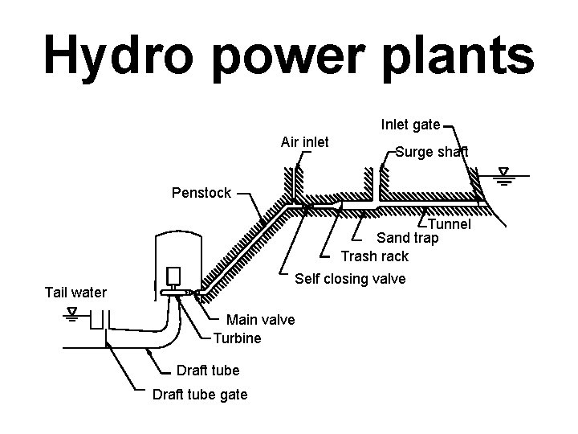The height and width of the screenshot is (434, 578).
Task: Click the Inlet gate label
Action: coord(410,125)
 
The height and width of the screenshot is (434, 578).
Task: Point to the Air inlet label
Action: coord(304,142)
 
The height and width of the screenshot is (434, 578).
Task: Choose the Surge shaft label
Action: coord(431,152)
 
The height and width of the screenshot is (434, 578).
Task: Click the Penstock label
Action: coord(201,193)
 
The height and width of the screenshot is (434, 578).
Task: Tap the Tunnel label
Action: coord(449,225)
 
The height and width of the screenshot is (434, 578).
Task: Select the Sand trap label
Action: coord(408,238)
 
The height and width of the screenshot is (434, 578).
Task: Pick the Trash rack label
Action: coord(374,256)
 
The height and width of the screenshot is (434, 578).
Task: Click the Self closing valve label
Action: coord(351,279)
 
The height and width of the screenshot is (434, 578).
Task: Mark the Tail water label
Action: coord(75,292)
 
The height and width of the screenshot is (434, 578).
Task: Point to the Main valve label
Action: coord(261,320)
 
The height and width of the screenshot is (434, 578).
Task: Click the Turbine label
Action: coord(237,338)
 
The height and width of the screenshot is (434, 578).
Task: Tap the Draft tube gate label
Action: coord(200,395)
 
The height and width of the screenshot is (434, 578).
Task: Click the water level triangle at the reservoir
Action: coord(503,173)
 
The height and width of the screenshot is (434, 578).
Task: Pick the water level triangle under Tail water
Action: coord(73,312)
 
